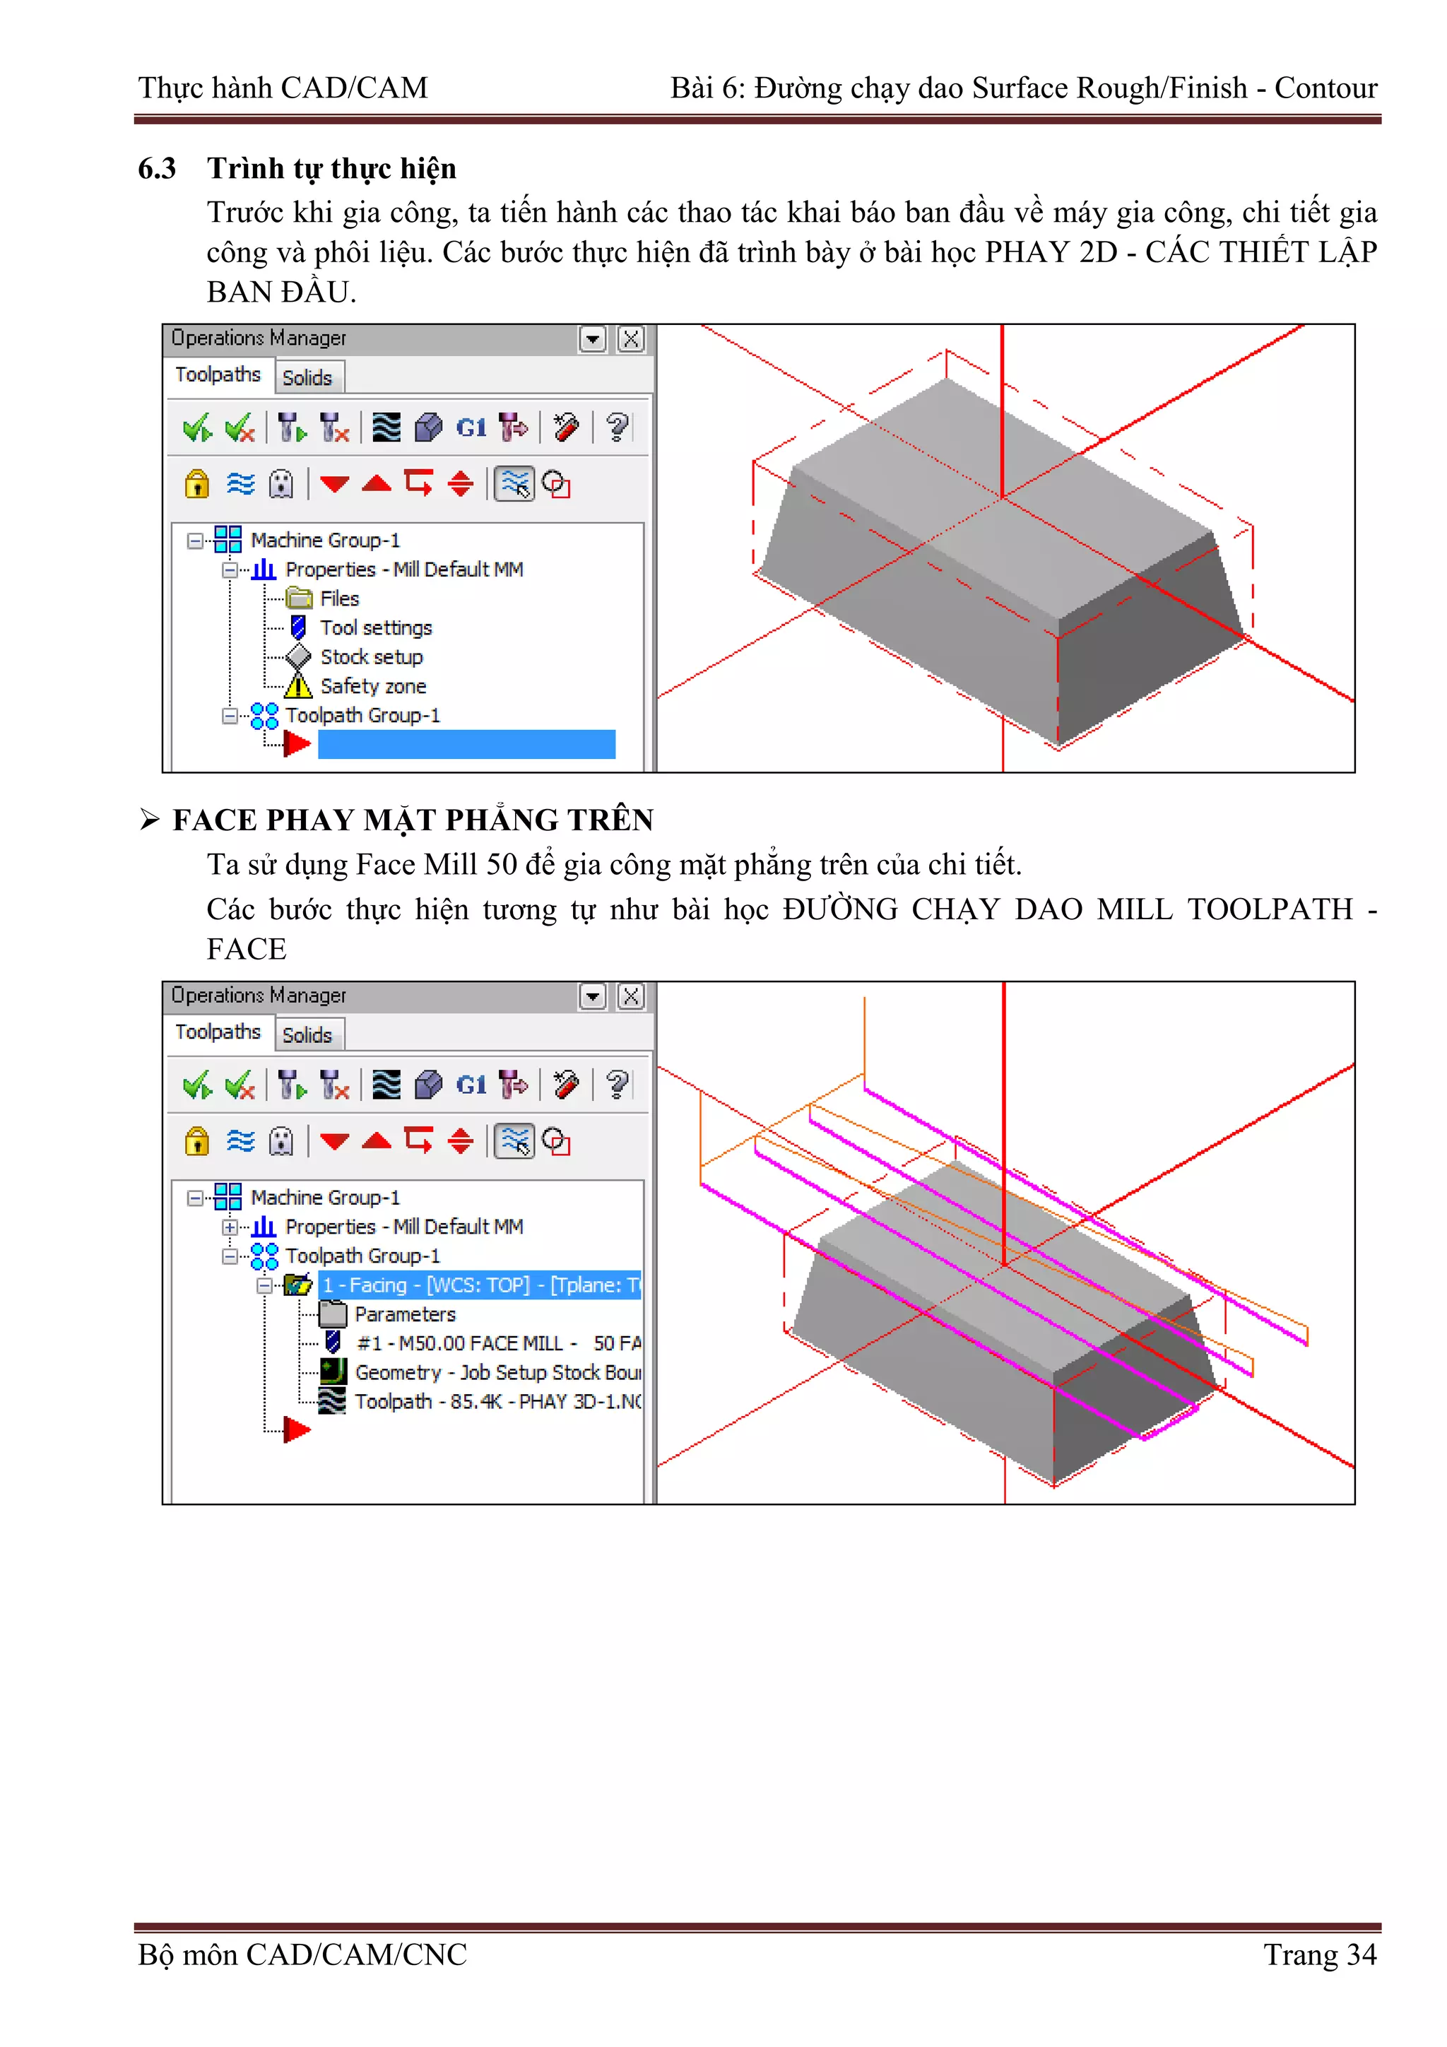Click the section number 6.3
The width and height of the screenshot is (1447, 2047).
click(x=157, y=168)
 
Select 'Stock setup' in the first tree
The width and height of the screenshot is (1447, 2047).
click(x=371, y=657)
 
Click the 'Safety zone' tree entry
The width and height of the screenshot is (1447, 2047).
click(x=372, y=687)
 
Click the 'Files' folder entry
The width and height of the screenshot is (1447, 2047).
click(x=339, y=598)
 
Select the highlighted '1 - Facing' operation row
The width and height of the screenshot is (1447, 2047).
click(x=480, y=1285)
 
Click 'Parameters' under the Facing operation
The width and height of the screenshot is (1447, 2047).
click(x=405, y=1314)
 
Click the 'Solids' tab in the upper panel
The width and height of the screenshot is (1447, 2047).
click(x=307, y=378)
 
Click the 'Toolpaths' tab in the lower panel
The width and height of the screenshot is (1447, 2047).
click(x=218, y=1032)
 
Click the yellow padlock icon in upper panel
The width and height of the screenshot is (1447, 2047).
click(x=197, y=484)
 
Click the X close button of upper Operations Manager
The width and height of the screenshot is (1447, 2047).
click(x=631, y=338)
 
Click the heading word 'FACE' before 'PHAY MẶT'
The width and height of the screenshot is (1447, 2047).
click(x=214, y=820)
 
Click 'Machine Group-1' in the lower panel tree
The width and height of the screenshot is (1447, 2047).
click(x=324, y=1198)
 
